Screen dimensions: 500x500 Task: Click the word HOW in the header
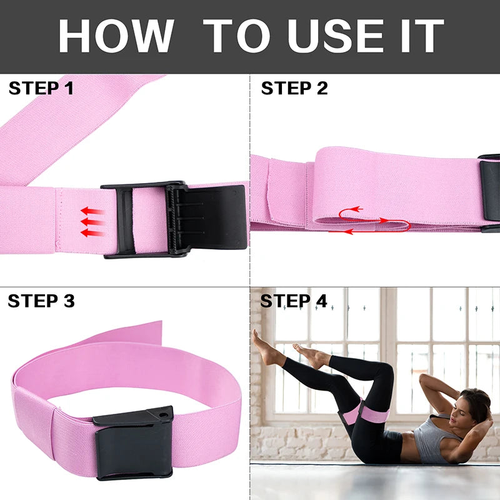pyautogui.click(x=116, y=36)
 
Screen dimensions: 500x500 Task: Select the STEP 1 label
pyautogui.click(x=41, y=88)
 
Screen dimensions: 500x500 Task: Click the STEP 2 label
pyautogui.click(x=294, y=88)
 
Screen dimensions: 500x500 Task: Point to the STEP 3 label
pyautogui.click(x=41, y=301)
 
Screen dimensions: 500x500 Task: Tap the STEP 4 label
pyautogui.click(x=294, y=301)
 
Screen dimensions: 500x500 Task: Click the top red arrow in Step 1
pyautogui.click(x=92, y=211)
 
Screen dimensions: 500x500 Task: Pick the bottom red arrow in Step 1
pyautogui.click(x=92, y=233)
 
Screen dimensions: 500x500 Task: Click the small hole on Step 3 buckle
pyautogui.click(x=164, y=414)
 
